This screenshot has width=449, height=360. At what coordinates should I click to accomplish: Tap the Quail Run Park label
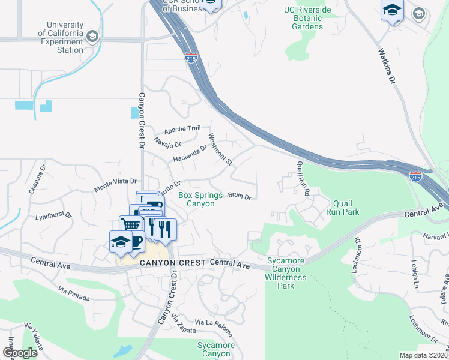342,208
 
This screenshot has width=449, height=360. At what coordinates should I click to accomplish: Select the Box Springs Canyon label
196,199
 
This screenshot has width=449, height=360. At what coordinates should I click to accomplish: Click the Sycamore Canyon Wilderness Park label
286,273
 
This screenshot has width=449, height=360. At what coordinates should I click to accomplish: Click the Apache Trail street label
182,129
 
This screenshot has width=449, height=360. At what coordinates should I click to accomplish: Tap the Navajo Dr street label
167,142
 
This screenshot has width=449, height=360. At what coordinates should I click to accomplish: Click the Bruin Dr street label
239,196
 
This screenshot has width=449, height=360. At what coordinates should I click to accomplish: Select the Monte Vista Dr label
116,185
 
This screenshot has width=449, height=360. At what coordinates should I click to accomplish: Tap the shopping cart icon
130,224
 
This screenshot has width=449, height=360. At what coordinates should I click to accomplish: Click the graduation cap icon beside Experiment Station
92,37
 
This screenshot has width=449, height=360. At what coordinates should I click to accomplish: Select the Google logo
20,353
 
